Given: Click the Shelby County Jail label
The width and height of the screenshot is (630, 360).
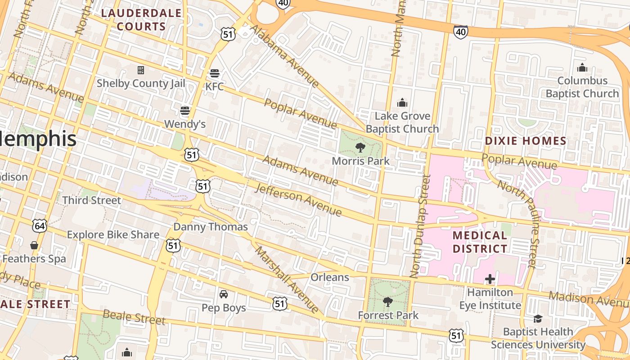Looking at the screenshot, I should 141,83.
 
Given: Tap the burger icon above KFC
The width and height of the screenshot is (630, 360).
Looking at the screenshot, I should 215,73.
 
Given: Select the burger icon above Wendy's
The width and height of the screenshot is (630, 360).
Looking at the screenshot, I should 185,110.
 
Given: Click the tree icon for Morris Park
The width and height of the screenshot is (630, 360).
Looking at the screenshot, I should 360,147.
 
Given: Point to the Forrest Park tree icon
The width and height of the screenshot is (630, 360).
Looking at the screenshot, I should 387,301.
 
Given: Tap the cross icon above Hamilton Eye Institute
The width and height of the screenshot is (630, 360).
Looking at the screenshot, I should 490,279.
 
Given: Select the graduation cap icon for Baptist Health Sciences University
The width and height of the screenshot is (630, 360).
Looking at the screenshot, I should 538,319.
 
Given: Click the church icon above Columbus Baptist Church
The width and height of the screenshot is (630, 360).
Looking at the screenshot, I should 582,67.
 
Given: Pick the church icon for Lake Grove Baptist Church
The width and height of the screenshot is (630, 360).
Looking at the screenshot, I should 402,103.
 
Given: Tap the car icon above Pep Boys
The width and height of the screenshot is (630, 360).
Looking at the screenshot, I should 224,294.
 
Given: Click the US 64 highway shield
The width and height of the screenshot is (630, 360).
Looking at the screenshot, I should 40,225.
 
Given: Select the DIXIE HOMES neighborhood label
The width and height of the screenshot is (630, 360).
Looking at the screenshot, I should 526,141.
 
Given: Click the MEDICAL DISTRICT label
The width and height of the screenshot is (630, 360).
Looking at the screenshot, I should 480,242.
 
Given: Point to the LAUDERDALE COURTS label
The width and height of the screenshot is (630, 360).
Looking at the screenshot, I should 141,20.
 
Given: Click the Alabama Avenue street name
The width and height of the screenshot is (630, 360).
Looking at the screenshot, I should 285,56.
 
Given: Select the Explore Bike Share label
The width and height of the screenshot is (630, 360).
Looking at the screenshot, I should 113,234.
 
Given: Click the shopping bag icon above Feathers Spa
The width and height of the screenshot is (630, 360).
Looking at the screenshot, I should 34,245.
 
